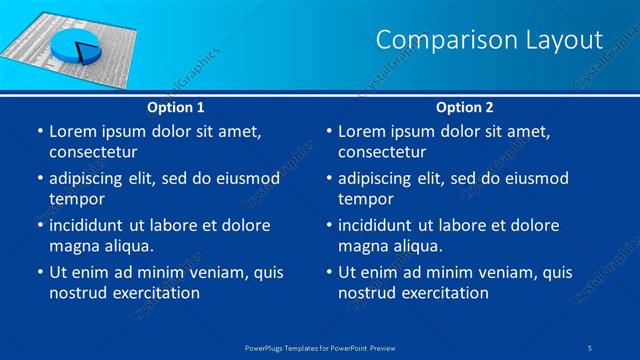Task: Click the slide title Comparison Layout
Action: tap(489, 40)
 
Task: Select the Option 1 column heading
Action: tap(176, 107)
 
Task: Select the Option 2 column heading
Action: tap(465, 107)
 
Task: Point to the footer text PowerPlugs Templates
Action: tap(290, 348)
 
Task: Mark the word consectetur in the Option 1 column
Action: tap(93, 152)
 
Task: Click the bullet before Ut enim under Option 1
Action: tap(38, 272)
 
